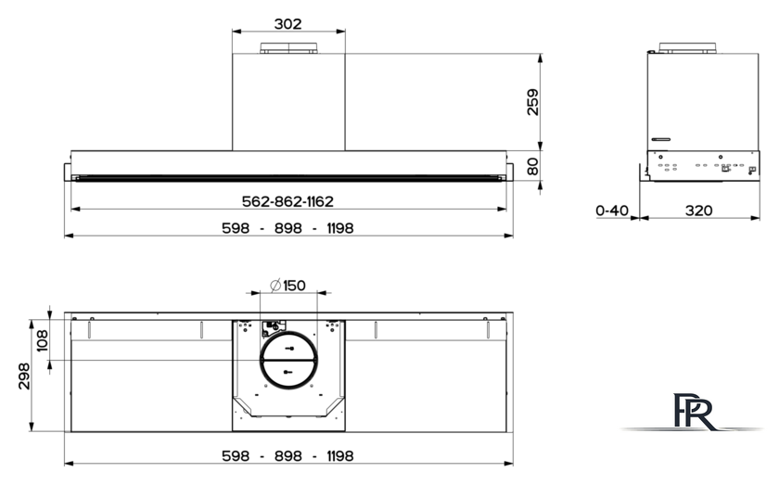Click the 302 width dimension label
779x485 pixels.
click(287, 23)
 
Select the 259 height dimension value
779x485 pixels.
click(532, 102)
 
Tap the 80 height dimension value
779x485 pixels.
click(532, 167)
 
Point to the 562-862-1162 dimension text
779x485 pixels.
click(287, 201)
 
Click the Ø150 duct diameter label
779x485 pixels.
click(287, 286)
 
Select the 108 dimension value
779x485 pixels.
click(42, 340)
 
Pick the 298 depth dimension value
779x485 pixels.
click(23, 377)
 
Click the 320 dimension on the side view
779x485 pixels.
click(698, 211)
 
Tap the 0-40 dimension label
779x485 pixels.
click(612, 211)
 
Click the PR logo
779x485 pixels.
click(694, 412)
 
